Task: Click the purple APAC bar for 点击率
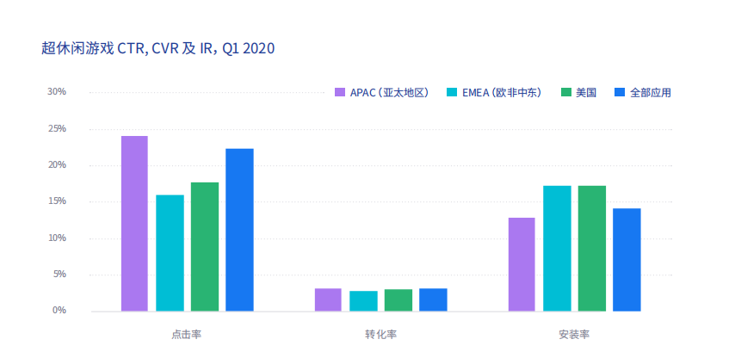(134, 224)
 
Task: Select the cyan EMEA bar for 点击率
(170, 253)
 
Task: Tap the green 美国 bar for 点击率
(205, 247)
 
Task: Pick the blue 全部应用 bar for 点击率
(239, 230)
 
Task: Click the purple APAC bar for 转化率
(328, 299)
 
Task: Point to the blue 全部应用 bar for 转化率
(433, 299)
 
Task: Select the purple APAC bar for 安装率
(522, 264)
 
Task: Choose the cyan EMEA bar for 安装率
(557, 249)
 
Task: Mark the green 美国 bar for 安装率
(592, 249)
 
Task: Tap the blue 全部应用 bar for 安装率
(627, 260)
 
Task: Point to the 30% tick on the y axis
(56, 92)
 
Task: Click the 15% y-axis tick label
(56, 201)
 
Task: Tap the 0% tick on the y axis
(59, 311)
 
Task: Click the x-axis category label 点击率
(187, 334)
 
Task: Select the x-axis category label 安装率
(574, 334)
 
